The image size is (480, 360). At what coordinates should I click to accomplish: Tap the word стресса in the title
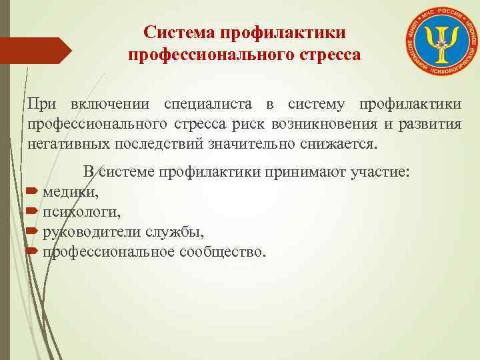click(x=327, y=54)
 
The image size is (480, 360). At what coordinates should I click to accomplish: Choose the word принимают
click(x=299, y=172)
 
